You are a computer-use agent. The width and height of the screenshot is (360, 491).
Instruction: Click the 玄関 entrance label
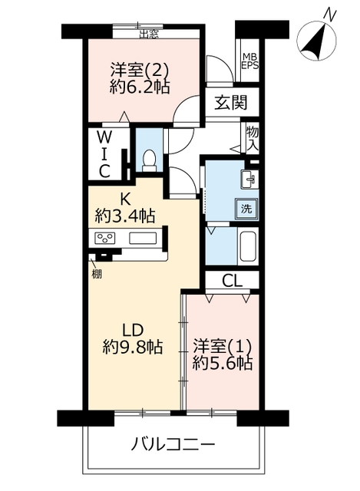tap(231, 102)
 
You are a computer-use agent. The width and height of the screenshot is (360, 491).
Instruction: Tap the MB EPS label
tap(250, 61)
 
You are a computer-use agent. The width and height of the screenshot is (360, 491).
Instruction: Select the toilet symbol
tap(149, 160)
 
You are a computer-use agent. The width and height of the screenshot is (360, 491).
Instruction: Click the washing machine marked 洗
tap(246, 209)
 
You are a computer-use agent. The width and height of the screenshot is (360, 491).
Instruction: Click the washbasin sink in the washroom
tap(249, 179)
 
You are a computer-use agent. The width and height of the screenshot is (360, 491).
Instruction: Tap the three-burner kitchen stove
tap(104, 239)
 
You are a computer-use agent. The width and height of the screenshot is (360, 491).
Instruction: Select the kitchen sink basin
tap(143, 239)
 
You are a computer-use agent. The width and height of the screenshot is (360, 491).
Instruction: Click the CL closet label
tap(232, 281)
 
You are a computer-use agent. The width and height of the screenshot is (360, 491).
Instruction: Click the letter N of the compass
tap(330, 14)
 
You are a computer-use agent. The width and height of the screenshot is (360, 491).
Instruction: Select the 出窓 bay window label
tap(149, 34)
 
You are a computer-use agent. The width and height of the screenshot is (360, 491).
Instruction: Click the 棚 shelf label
tap(97, 275)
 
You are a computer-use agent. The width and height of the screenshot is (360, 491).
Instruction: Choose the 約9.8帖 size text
tap(133, 346)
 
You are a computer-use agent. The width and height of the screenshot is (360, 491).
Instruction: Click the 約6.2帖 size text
tap(140, 87)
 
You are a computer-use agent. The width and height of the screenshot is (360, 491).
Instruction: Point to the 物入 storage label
tap(253, 139)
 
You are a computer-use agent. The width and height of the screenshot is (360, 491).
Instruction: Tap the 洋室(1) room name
tap(222, 346)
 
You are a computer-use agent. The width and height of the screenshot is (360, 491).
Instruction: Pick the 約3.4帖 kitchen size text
tap(125, 216)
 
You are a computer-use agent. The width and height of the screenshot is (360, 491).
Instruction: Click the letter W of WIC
tap(104, 137)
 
